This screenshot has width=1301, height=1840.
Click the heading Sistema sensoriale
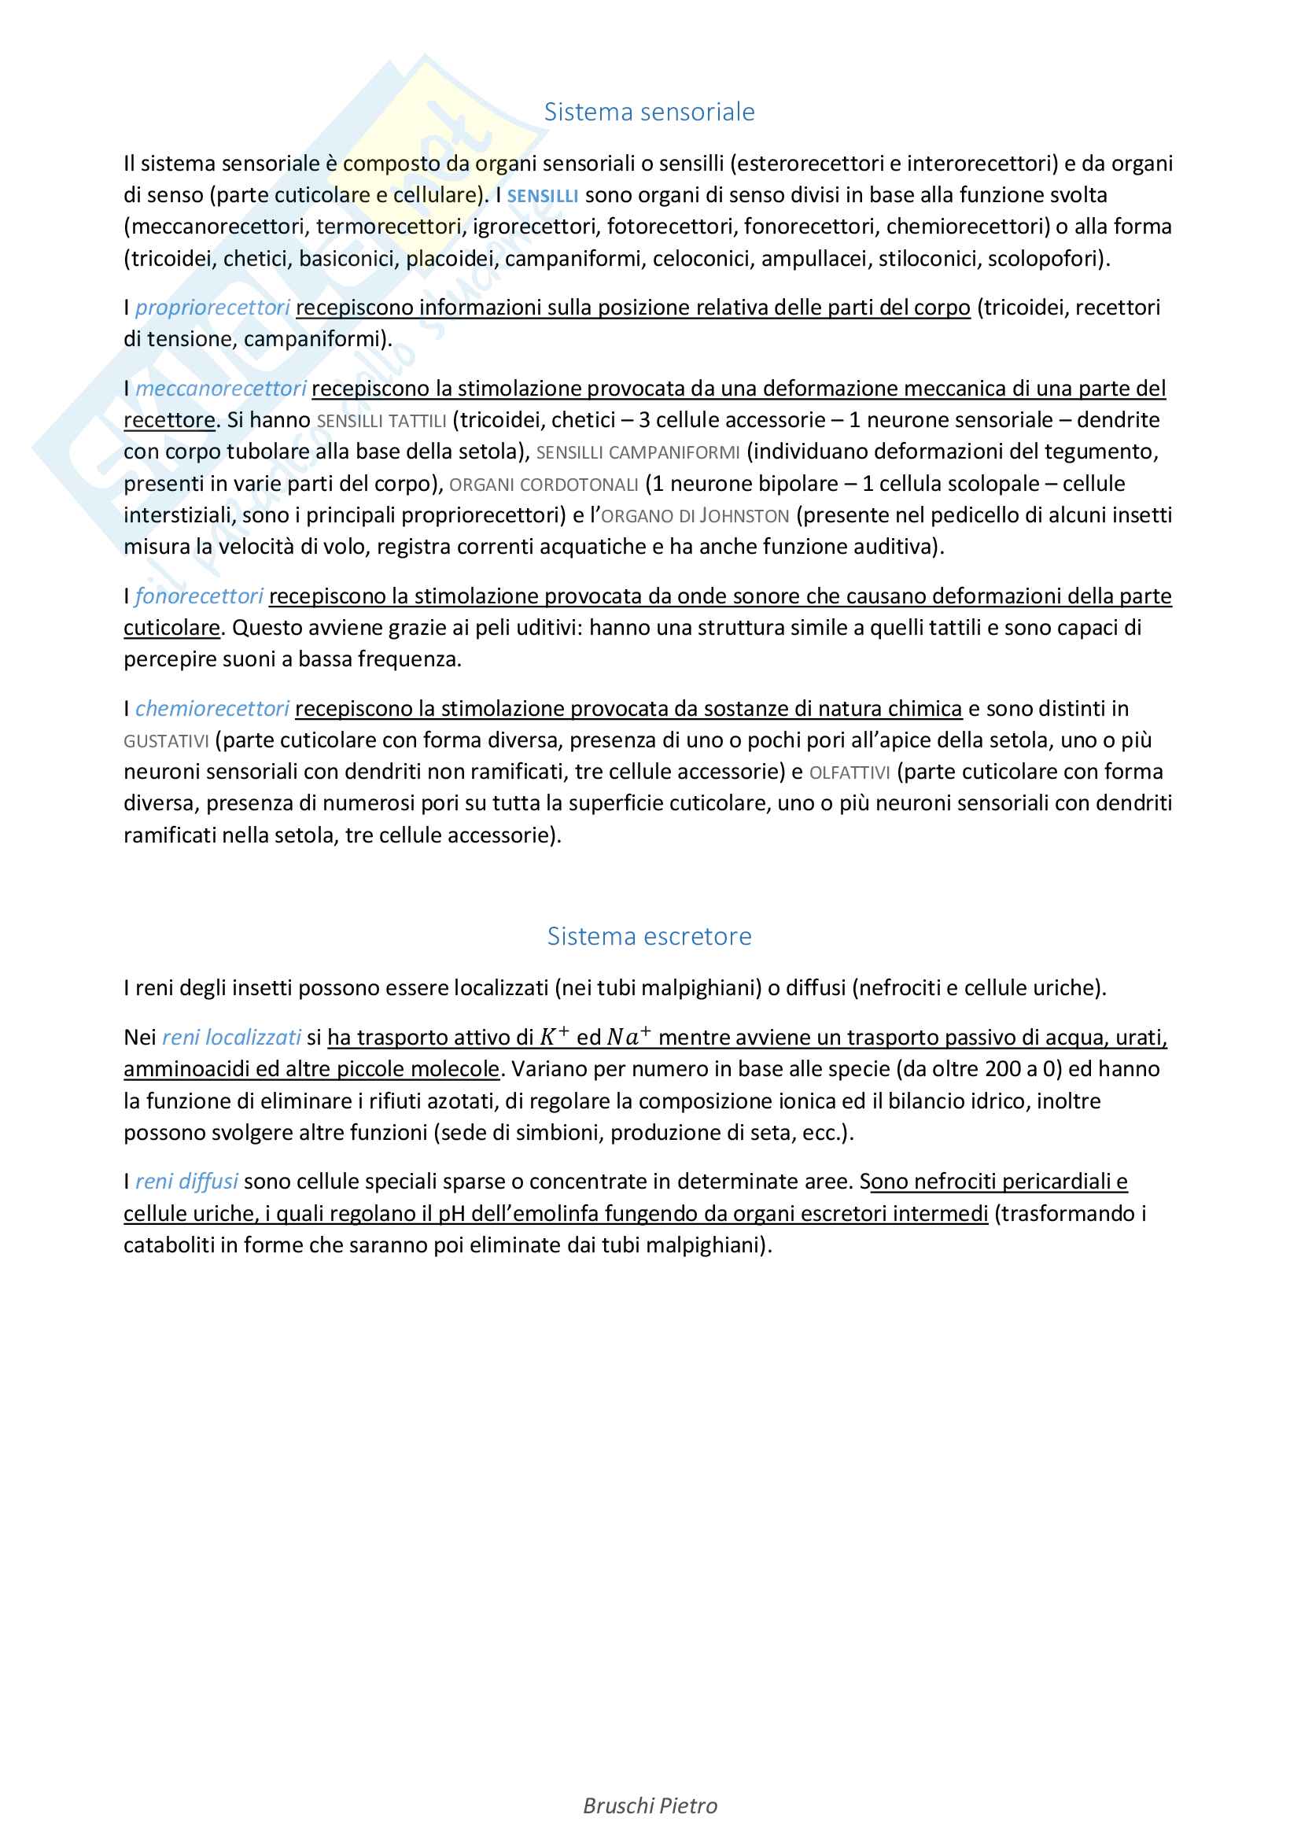[649, 112]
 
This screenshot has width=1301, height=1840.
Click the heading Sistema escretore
[649, 936]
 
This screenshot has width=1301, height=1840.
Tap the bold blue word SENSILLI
[543, 197]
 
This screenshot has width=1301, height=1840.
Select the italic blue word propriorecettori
[212, 308]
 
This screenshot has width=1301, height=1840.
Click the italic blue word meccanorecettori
[220, 389]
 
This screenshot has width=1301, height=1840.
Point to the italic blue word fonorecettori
[199, 596]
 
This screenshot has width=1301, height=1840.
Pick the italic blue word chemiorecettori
[212, 710]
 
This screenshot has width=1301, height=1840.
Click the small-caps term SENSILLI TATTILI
[381, 421]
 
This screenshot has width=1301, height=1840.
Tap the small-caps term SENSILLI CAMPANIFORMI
[638, 453]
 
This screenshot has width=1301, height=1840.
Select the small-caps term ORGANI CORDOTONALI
[544, 485]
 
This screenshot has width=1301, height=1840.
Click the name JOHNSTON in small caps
[744, 516]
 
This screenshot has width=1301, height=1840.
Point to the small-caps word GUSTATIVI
[166, 741]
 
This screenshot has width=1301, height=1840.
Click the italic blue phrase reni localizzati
[230, 1038]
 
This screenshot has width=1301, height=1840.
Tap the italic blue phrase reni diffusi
[186, 1182]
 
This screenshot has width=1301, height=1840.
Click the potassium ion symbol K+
[554, 1037]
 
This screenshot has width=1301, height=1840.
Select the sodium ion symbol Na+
[627, 1037]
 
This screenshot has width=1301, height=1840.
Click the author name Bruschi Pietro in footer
[650, 1805]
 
